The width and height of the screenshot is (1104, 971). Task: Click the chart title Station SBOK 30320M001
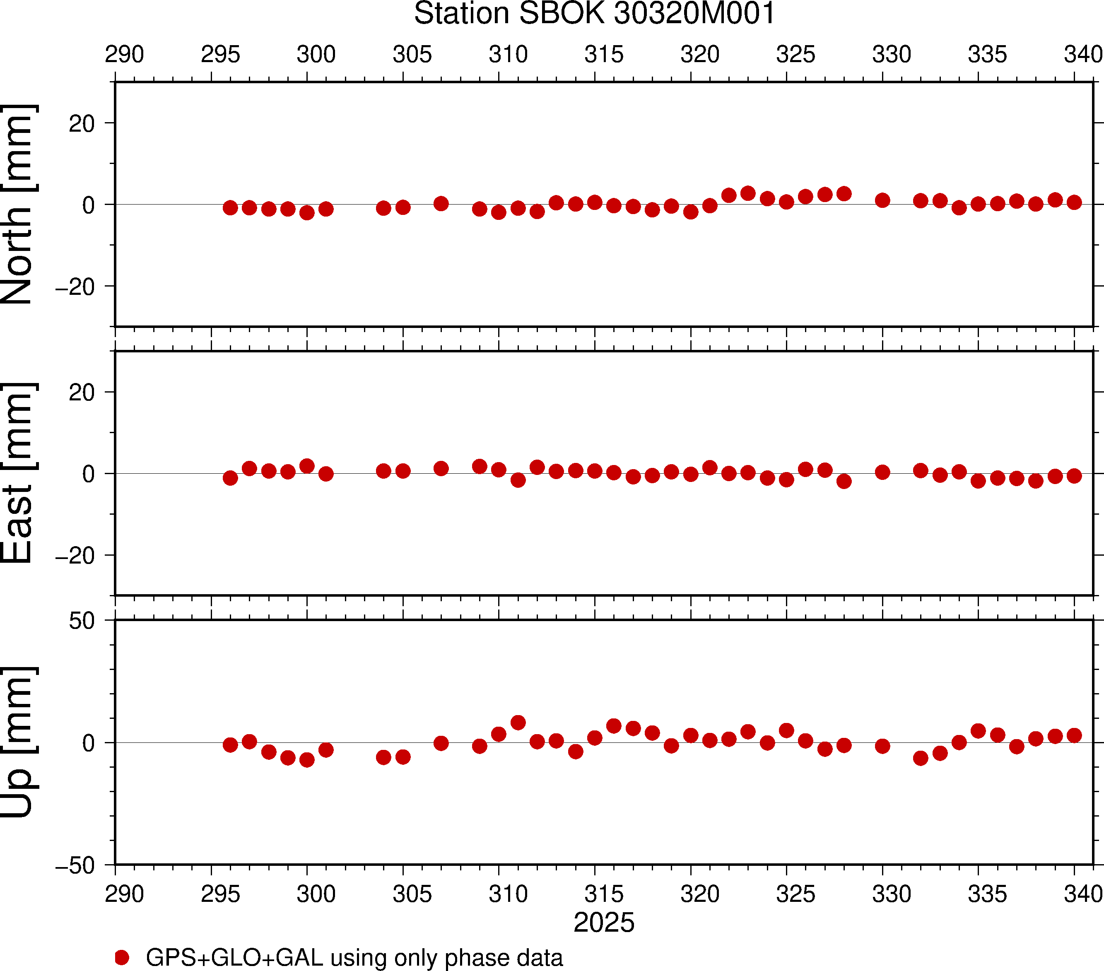point(594,14)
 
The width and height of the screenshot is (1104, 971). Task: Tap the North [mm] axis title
point(18,204)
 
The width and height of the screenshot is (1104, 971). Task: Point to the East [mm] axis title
point(18,473)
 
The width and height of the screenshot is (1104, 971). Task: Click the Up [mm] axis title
point(18,742)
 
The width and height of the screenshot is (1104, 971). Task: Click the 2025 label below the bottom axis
point(603,923)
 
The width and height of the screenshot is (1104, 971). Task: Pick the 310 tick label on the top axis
point(508,55)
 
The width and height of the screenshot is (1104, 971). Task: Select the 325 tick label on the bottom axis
point(795,894)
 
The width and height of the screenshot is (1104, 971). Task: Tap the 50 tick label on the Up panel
point(82,621)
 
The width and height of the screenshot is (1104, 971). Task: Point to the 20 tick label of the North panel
point(82,124)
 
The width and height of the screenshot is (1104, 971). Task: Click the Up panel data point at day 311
point(518,723)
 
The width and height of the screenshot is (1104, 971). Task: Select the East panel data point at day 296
point(230,478)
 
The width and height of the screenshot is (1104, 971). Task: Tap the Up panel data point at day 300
point(307,760)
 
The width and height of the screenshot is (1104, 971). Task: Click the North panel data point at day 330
point(882,200)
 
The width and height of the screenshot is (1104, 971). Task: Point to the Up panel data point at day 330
point(882,746)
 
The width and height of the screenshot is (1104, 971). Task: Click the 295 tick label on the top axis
point(220,55)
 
